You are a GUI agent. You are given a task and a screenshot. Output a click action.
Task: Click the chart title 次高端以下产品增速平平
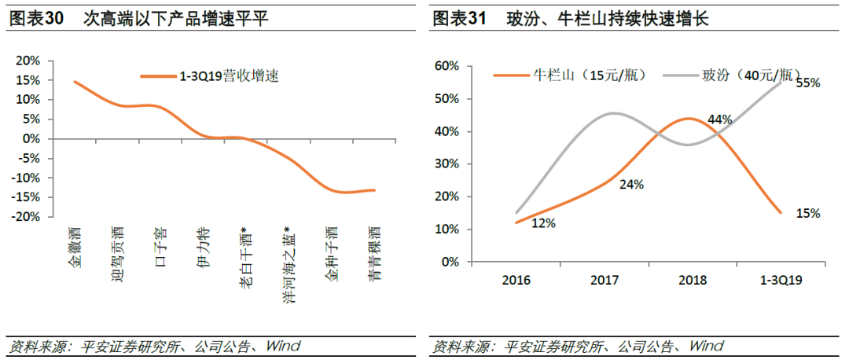pos(176,20)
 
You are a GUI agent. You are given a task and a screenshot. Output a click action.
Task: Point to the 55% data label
pos(807,83)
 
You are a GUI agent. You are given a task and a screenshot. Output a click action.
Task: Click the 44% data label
pos(719,119)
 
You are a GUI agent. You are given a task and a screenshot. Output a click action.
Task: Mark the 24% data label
pos(631,184)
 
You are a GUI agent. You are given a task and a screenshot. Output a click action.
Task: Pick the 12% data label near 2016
pos(543,223)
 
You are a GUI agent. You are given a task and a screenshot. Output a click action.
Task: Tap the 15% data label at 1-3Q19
pos(807,213)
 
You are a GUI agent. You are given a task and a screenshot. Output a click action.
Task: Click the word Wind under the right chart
pos(705,346)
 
